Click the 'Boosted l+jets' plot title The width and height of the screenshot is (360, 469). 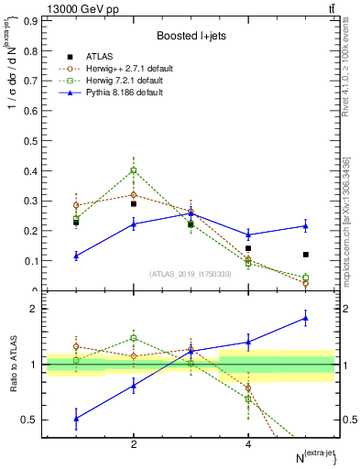[x=190, y=36]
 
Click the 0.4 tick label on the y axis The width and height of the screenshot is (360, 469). [x=35, y=171]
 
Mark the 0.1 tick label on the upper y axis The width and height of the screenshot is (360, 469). [x=35, y=261]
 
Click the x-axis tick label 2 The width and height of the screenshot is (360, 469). [x=134, y=444]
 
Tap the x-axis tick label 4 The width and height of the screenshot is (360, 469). [x=248, y=444]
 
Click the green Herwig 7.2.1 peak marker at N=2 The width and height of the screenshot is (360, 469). [x=134, y=170]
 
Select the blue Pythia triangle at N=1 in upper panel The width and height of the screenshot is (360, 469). [x=76, y=256]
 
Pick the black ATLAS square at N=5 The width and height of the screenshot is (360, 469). [x=306, y=255]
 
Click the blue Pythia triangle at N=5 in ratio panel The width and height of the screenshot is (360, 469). [x=306, y=318]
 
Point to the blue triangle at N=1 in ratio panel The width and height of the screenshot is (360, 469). [x=76, y=419]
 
